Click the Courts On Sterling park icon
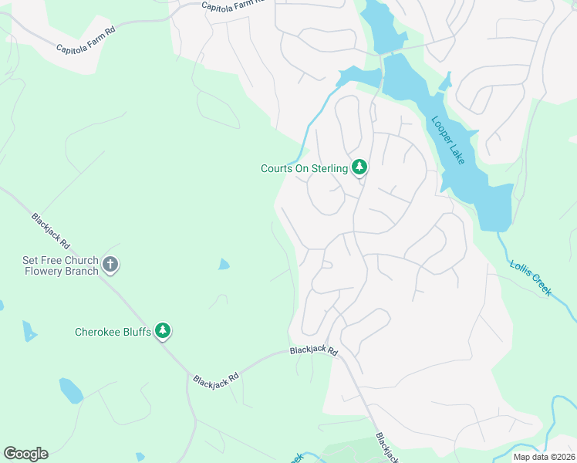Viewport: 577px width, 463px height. (359, 167)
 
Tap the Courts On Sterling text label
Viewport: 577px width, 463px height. (304, 167)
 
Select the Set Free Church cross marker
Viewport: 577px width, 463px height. (110, 265)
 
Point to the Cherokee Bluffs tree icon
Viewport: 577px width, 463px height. (163, 332)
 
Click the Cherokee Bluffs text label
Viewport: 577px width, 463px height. (113, 333)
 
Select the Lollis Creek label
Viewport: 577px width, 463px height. (531, 278)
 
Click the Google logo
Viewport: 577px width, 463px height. (25, 454)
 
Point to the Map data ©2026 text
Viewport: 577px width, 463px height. (544, 457)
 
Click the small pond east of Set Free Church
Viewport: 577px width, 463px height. (224, 265)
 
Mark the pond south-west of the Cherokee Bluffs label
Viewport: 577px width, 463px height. (71, 390)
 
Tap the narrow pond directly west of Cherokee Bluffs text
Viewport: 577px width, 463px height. (29, 331)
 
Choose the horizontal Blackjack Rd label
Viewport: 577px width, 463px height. (314, 350)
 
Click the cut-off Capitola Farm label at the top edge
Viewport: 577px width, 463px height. (233, 5)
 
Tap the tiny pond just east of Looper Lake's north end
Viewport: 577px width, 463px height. (445, 81)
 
